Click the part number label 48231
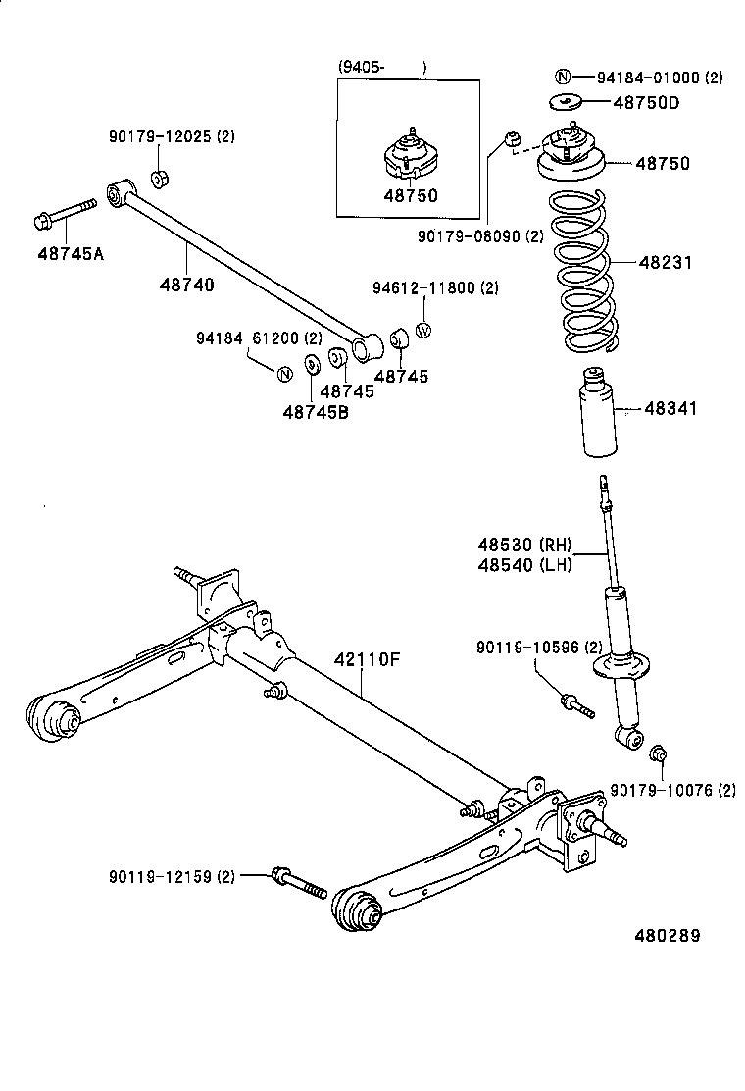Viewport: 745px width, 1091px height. (667, 263)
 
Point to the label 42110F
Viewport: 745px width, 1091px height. (368, 659)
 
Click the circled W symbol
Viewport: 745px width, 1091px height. (424, 331)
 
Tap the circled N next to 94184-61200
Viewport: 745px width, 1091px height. (283, 374)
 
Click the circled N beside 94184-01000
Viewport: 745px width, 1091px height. (563, 78)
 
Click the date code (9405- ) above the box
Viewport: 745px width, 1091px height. (382, 67)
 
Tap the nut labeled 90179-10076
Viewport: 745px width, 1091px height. (659, 753)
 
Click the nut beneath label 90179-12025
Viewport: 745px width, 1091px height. (160, 179)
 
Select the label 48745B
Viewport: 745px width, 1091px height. (316, 413)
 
